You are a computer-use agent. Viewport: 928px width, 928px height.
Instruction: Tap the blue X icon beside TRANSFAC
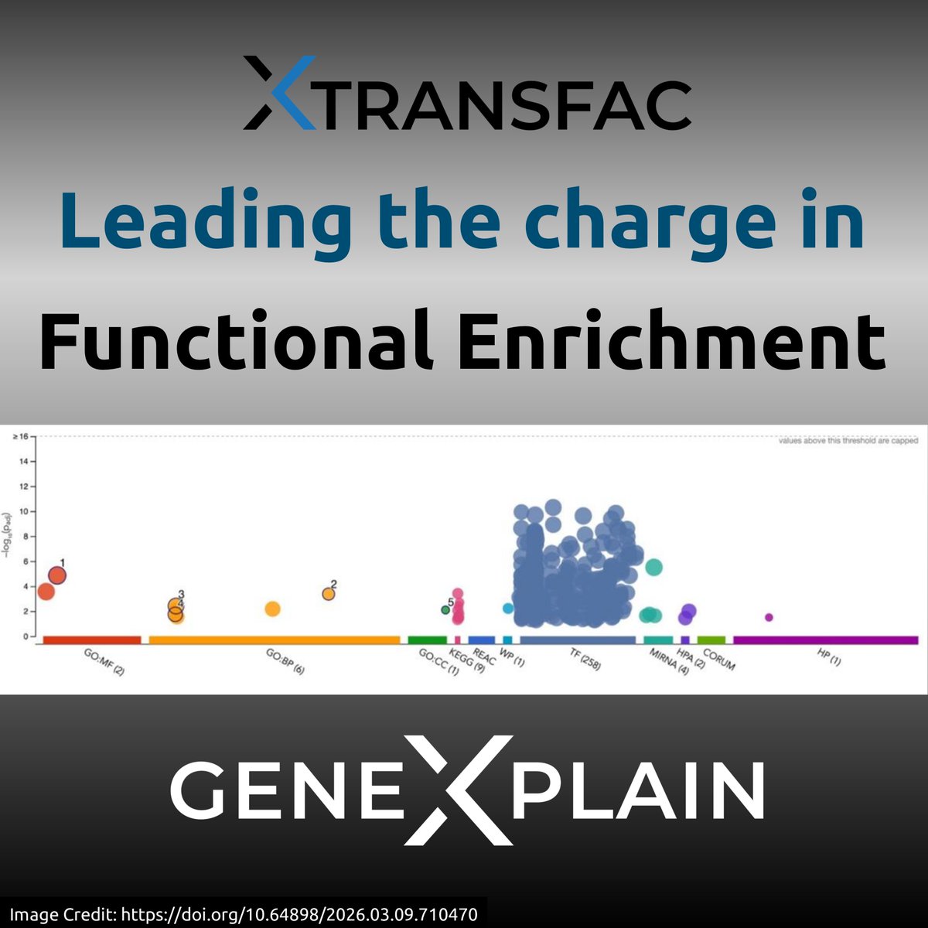click(x=279, y=92)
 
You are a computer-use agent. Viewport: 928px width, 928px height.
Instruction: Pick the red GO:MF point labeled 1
click(x=57, y=575)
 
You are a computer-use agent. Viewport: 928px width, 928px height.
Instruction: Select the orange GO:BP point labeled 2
click(x=329, y=594)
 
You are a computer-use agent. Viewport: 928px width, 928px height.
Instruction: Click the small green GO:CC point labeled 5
click(x=445, y=609)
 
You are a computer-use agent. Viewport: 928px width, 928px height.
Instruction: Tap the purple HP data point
click(x=769, y=617)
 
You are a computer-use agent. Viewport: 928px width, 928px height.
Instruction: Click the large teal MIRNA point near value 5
click(x=653, y=568)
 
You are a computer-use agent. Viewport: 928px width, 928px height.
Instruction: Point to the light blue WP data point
click(x=508, y=608)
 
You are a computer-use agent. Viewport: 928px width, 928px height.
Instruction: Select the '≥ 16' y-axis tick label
click(x=20, y=437)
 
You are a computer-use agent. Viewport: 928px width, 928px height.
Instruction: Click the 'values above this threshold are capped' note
click(x=848, y=441)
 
